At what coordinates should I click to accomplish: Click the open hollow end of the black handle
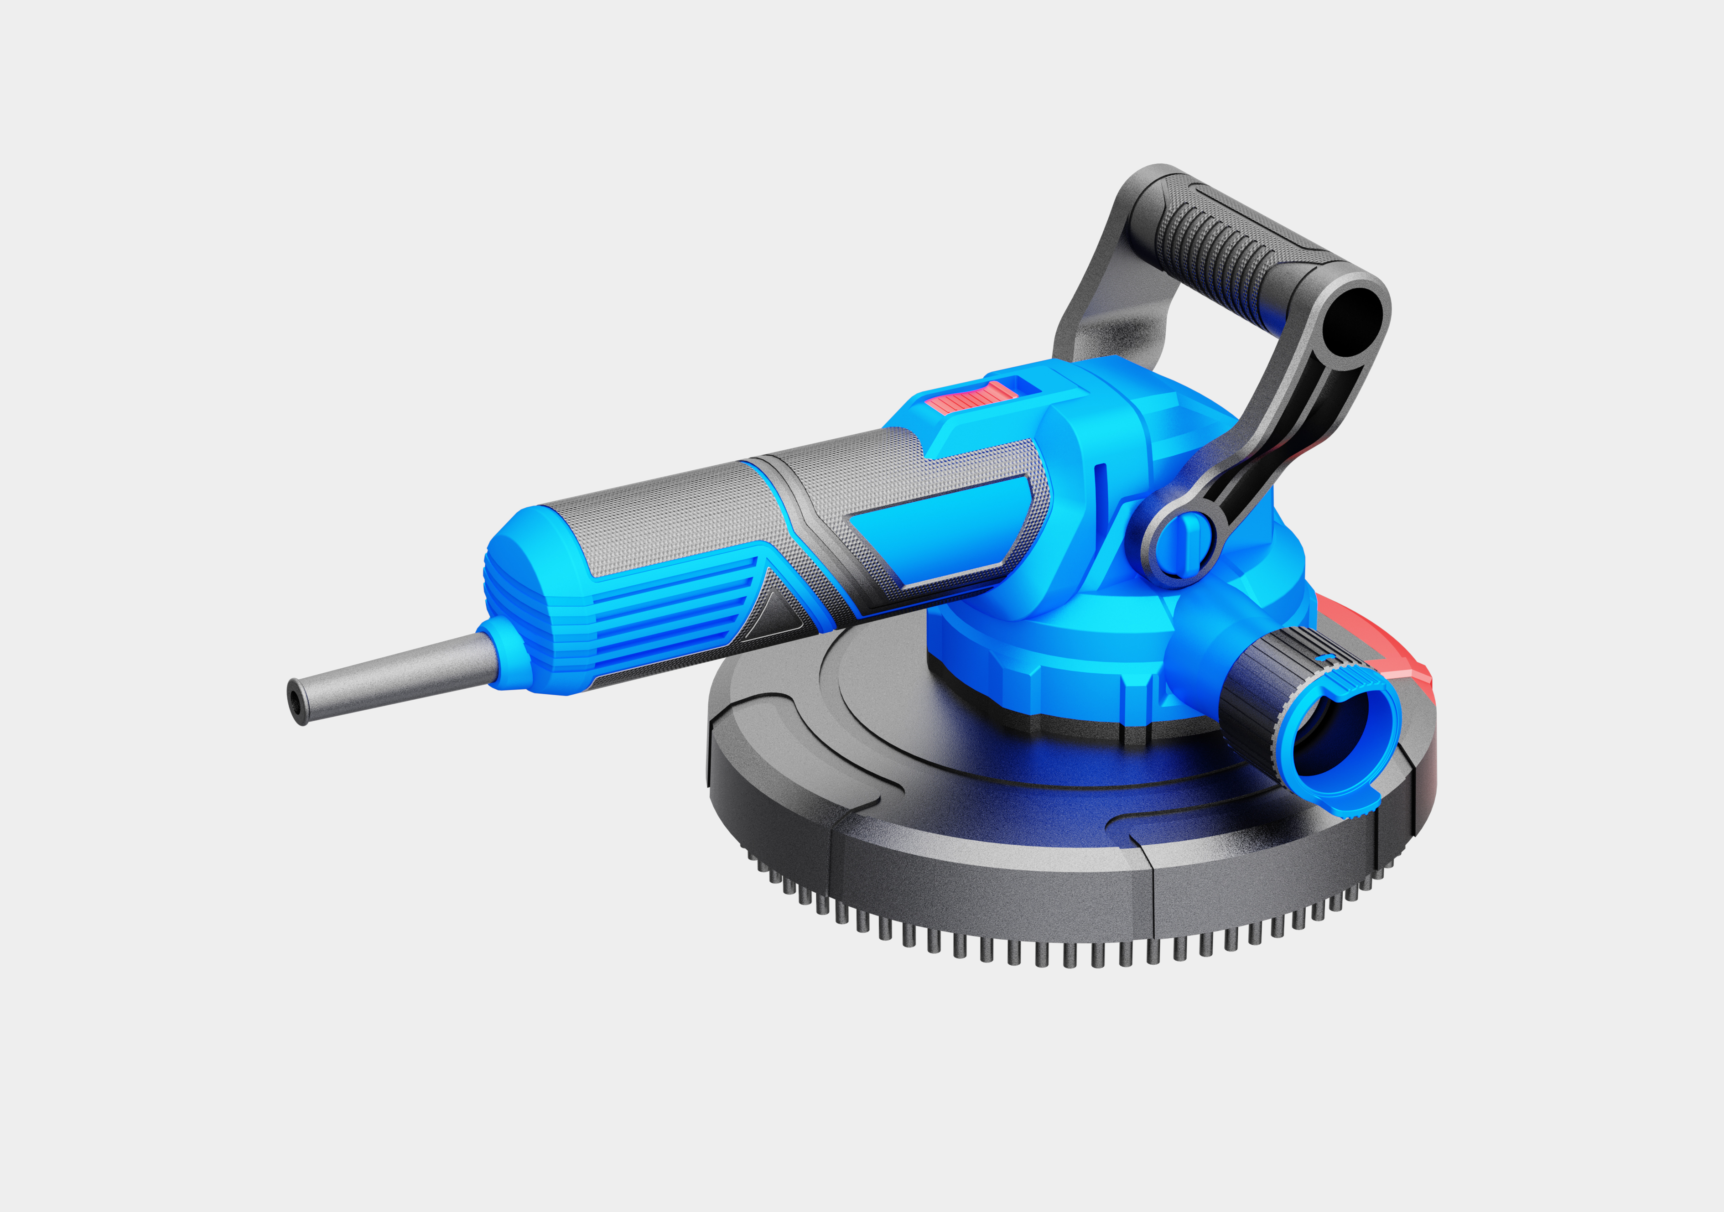tap(1351, 323)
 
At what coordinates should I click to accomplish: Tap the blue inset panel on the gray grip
tap(939, 533)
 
